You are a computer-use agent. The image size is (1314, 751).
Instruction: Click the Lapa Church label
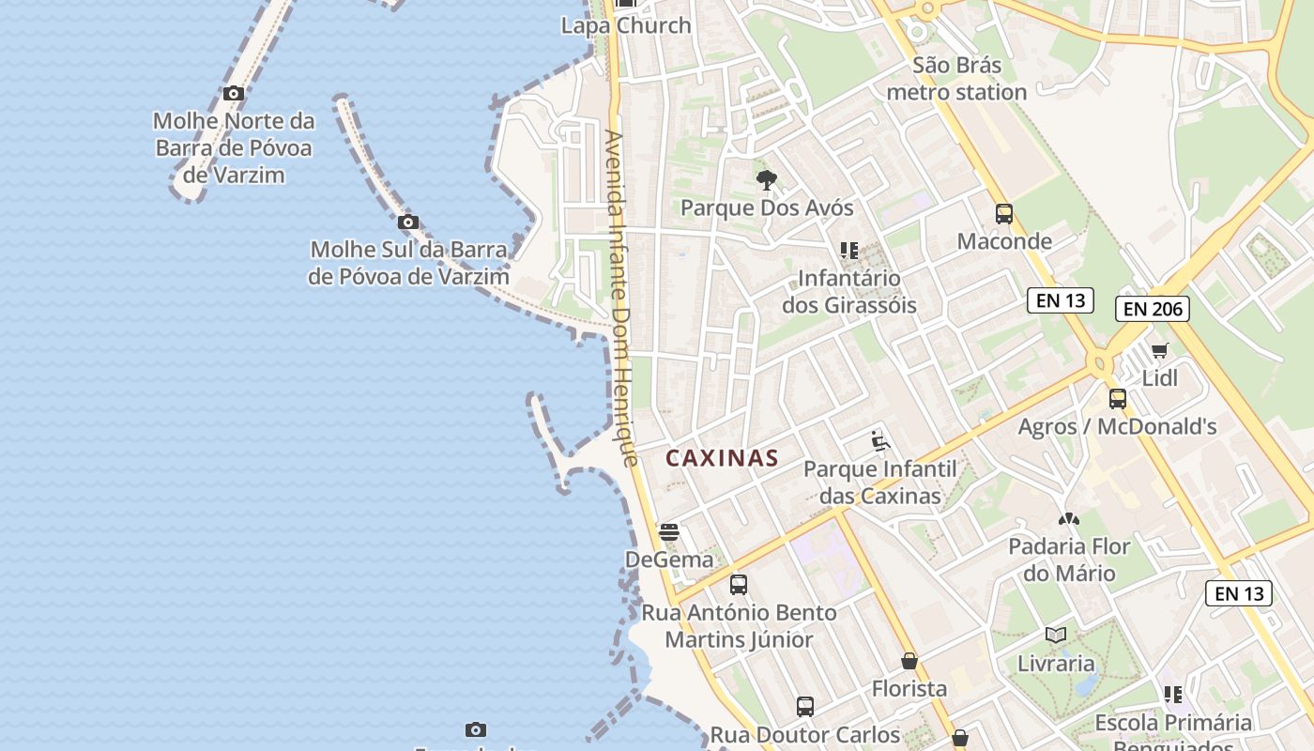[x=626, y=26]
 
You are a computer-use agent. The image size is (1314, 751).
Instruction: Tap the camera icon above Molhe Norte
[x=234, y=94]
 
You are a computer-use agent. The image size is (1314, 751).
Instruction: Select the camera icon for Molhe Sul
[x=408, y=222]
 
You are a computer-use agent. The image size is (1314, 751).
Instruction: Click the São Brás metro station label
[x=956, y=79]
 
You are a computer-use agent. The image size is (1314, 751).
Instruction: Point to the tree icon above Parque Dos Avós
[x=767, y=179]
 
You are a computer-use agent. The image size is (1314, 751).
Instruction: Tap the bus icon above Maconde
[x=1004, y=214]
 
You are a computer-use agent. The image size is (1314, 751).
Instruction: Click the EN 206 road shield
[x=1153, y=309]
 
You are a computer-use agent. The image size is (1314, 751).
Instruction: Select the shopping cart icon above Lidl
[x=1160, y=351]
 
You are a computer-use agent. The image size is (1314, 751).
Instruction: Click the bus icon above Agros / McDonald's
[x=1118, y=399]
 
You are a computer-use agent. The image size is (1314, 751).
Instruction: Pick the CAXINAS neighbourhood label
[x=723, y=458]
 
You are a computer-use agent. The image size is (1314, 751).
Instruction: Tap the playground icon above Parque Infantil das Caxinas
[x=879, y=441]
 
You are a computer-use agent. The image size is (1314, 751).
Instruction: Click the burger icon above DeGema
[x=669, y=532]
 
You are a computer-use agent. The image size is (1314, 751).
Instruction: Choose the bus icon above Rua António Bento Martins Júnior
[x=739, y=585]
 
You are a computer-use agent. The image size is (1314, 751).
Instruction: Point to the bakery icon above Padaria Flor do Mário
[x=1069, y=518]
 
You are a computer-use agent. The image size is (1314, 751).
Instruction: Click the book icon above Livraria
[x=1056, y=636]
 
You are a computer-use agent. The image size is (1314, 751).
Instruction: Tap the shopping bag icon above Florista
[x=909, y=661]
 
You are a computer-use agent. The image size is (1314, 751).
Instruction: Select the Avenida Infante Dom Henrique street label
[x=622, y=298]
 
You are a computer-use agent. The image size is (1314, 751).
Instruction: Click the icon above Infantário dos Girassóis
[x=849, y=251]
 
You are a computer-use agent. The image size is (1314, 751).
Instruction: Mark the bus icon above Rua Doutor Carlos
[x=805, y=707]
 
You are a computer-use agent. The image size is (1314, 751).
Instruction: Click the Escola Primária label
[x=1173, y=723]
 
